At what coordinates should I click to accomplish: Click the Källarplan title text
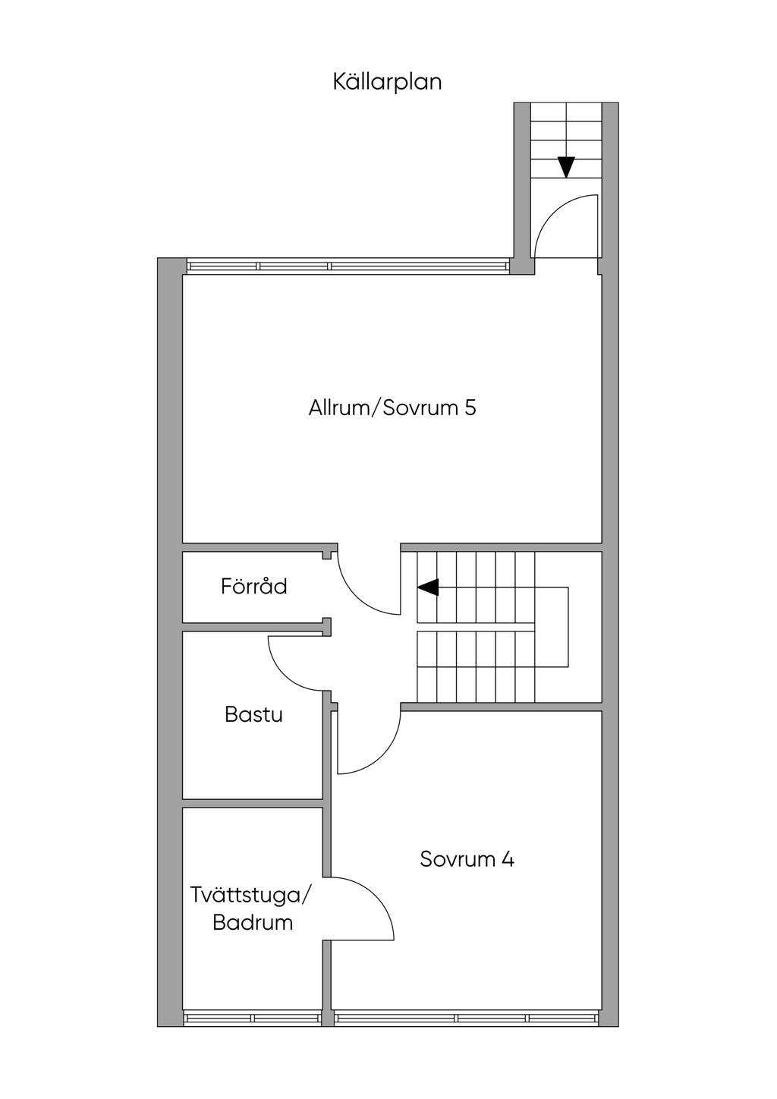point(388,82)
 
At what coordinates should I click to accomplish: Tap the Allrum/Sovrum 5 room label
point(392,408)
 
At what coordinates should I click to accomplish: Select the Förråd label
point(253,586)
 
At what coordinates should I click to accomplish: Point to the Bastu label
point(253,714)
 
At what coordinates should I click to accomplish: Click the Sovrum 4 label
point(467,859)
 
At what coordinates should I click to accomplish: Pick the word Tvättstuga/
point(250,895)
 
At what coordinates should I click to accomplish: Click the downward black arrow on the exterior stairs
point(567,167)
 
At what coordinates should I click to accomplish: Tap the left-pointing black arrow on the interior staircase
point(427,587)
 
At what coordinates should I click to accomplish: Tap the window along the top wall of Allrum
point(348,266)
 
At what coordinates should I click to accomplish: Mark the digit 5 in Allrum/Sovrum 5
point(470,408)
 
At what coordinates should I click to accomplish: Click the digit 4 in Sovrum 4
point(508,859)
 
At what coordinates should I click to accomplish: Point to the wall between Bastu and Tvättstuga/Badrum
point(253,803)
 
